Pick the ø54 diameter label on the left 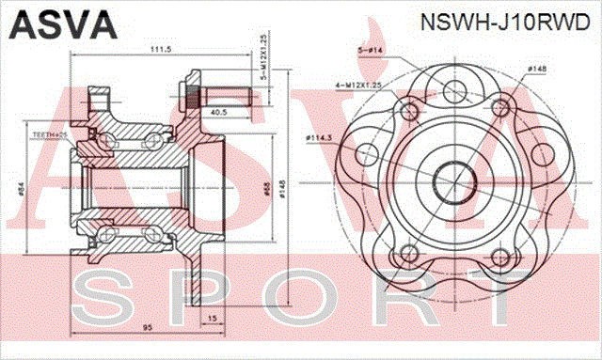[x=21, y=189]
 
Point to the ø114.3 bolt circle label [x=321, y=140]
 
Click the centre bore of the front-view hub [x=453, y=179]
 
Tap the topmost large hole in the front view [x=453, y=91]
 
